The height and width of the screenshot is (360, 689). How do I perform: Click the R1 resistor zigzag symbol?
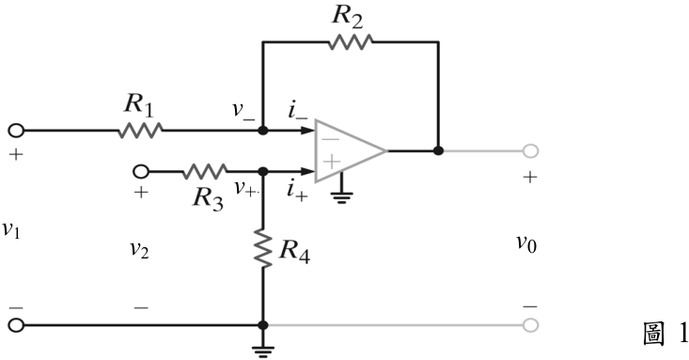[140, 131]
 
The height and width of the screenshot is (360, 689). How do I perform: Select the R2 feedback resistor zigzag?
[351, 42]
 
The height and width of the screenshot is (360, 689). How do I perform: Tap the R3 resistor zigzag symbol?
[204, 171]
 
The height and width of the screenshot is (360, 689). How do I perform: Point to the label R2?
[347, 16]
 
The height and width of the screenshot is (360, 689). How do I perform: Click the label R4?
[294, 251]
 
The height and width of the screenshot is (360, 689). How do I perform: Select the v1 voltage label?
[11, 229]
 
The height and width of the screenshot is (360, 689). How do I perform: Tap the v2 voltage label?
[139, 249]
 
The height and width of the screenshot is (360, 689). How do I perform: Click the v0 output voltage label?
[526, 243]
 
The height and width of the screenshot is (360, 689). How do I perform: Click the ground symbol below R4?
[263, 352]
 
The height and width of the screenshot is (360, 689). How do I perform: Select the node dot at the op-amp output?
[438, 150]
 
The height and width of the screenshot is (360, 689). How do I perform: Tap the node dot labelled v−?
[263, 131]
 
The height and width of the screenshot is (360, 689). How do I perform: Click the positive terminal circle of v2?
[141, 171]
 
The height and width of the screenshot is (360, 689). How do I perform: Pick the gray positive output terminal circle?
[530, 150]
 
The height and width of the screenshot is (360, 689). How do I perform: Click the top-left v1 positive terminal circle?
[16, 131]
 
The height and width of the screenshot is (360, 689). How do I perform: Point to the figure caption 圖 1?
[665, 334]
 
